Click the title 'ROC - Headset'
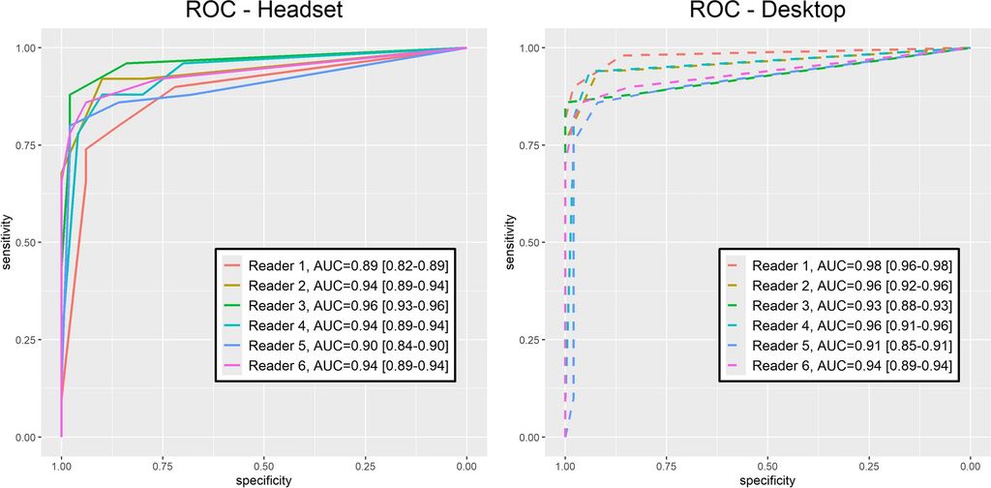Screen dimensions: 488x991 pos(263,15)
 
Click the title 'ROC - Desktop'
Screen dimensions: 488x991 pos(767,15)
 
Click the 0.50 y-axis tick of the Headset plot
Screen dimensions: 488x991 pos(29,242)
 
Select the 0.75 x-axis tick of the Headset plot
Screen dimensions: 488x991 pos(163,465)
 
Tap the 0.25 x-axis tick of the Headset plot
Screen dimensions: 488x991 pos(366,465)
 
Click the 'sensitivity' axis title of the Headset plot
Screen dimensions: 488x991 pos(8,242)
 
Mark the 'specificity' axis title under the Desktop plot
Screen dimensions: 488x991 pos(767,480)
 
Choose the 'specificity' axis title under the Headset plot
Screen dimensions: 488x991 pos(263,480)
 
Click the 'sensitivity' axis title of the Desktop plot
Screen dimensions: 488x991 pos(512,242)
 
